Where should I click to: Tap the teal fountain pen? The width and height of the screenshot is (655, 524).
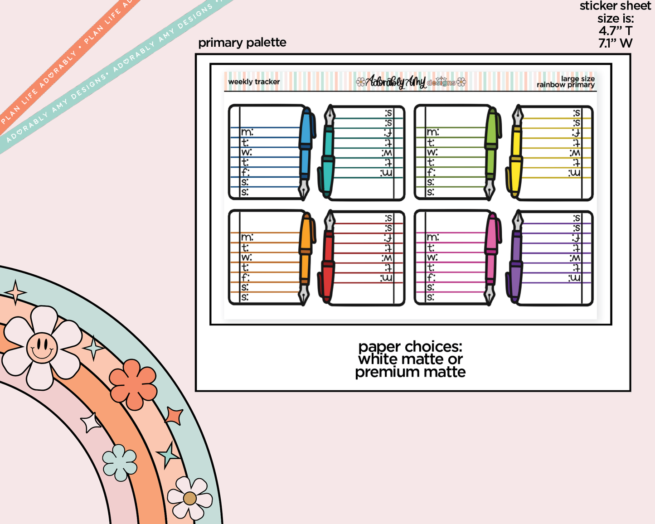(328, 154)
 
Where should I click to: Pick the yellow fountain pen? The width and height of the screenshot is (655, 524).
(516, 154)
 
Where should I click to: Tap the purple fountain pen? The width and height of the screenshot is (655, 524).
(516, 259)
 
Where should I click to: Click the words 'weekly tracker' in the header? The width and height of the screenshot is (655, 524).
(254, 82)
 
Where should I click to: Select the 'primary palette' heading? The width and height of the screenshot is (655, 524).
(242, 43)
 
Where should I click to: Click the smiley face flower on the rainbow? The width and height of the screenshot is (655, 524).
(42, 347)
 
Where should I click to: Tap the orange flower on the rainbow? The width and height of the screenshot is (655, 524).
(133, 384)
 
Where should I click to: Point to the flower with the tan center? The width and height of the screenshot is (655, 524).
(190, 498)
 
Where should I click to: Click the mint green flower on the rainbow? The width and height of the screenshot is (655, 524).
(120, 462)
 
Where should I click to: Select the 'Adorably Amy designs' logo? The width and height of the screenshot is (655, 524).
(411, 82)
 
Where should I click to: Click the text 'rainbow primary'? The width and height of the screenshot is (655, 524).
(565, 85)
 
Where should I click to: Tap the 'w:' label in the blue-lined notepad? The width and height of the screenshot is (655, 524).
(246, 152)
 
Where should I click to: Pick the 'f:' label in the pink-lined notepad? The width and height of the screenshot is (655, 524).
(431, 277)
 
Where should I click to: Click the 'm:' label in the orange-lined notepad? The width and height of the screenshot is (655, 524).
(247, 237)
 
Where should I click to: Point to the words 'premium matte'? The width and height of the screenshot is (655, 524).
(410, 372)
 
